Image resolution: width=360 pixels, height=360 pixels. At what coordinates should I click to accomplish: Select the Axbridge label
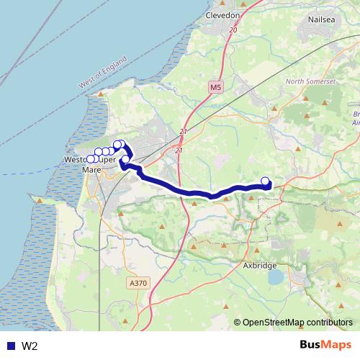pyautogui.click(x=259, y=266)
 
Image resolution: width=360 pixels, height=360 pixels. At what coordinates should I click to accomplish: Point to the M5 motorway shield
pyautogui.click(x=216, y=87)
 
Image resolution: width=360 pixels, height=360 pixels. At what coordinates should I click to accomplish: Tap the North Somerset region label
pyautogui.click(x=311, y=82)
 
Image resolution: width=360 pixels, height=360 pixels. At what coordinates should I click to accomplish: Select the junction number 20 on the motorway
pyautogui.click(x=232, y=30)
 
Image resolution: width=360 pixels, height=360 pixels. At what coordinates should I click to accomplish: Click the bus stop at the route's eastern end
pyautogui.click(x=266, y=181)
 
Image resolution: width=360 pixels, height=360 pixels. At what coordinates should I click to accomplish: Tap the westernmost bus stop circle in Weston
pyautogui.click(x=90, y=158)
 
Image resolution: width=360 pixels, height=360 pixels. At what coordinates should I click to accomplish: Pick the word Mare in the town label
pyautogui.click(x=92, y=170)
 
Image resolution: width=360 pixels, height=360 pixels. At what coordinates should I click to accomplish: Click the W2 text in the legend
pyautogui.click(x=30, y=346)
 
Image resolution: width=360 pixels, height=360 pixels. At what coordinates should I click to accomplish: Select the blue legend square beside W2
pyautogui.click(x=10, y=346)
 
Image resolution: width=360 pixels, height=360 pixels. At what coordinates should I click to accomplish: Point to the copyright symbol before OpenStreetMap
pyautogui.click(x=238, y=323)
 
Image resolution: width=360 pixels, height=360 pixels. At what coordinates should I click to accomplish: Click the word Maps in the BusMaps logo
pyautogui.click(x=335, y=346)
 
